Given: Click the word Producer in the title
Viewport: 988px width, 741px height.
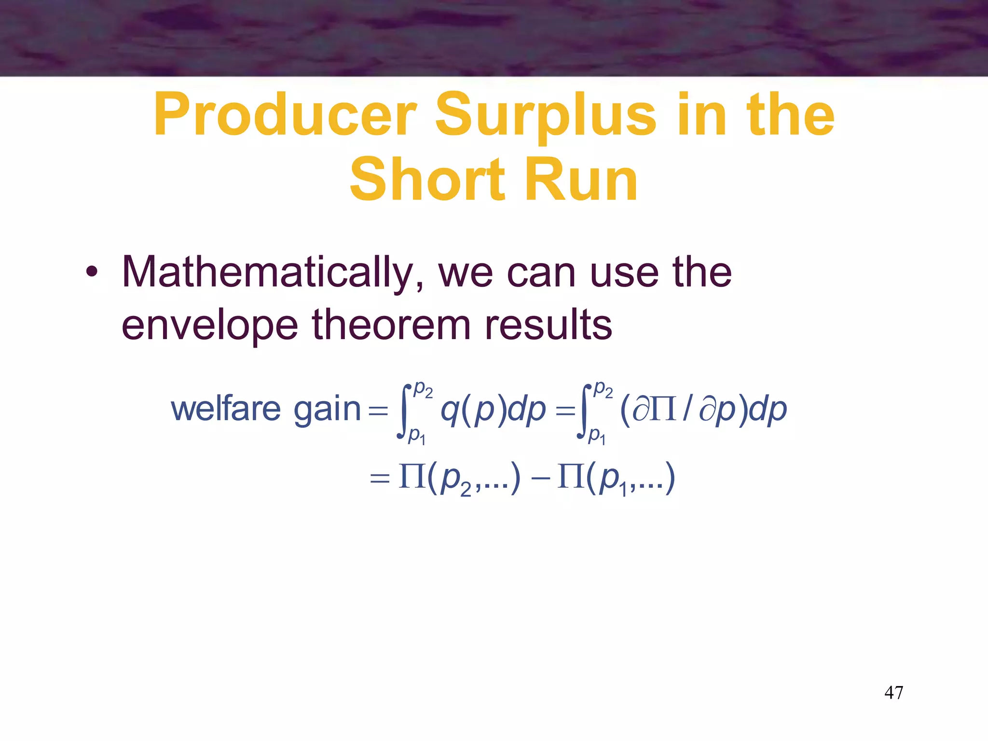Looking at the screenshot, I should [285, 115].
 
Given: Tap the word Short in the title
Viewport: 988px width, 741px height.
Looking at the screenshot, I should [427, 179].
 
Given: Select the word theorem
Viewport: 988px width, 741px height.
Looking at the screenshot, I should [391, 325].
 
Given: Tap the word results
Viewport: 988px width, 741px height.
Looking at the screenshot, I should [548, 325].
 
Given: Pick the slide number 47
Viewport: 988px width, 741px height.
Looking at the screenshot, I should [893, 693].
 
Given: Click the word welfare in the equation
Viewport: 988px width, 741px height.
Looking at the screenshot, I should [226, 409].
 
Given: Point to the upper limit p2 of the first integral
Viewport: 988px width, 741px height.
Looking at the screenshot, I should [423, 389].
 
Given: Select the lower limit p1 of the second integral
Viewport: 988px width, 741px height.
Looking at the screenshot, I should [597, 436].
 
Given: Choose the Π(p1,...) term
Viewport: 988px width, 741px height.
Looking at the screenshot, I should [616, 479].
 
